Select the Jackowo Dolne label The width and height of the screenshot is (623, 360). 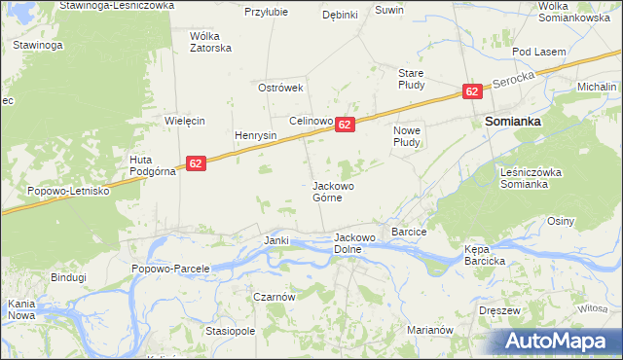(x=354, y=242)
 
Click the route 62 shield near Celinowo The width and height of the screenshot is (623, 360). (x=345, y=125)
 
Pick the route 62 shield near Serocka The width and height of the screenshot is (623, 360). (x=471, y=91)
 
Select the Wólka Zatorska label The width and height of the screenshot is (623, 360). (x=209, y=42)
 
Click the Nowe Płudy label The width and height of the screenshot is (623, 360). (x=405, y=136)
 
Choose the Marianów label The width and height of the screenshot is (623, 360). (x=431, y=330)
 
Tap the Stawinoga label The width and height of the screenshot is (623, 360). (x=39, y=45)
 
